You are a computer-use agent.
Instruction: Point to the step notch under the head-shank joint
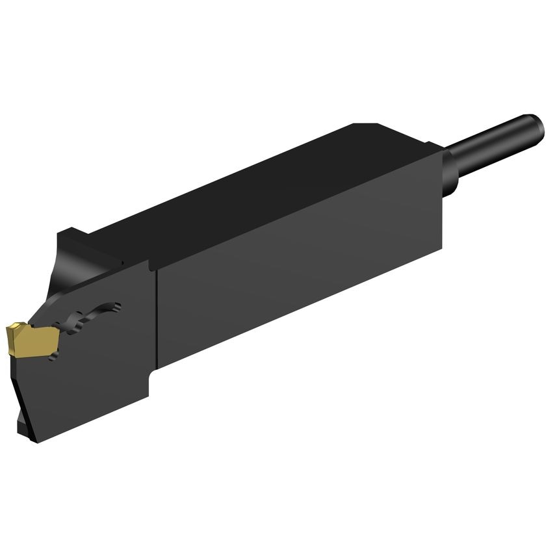[x=153, y=377]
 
